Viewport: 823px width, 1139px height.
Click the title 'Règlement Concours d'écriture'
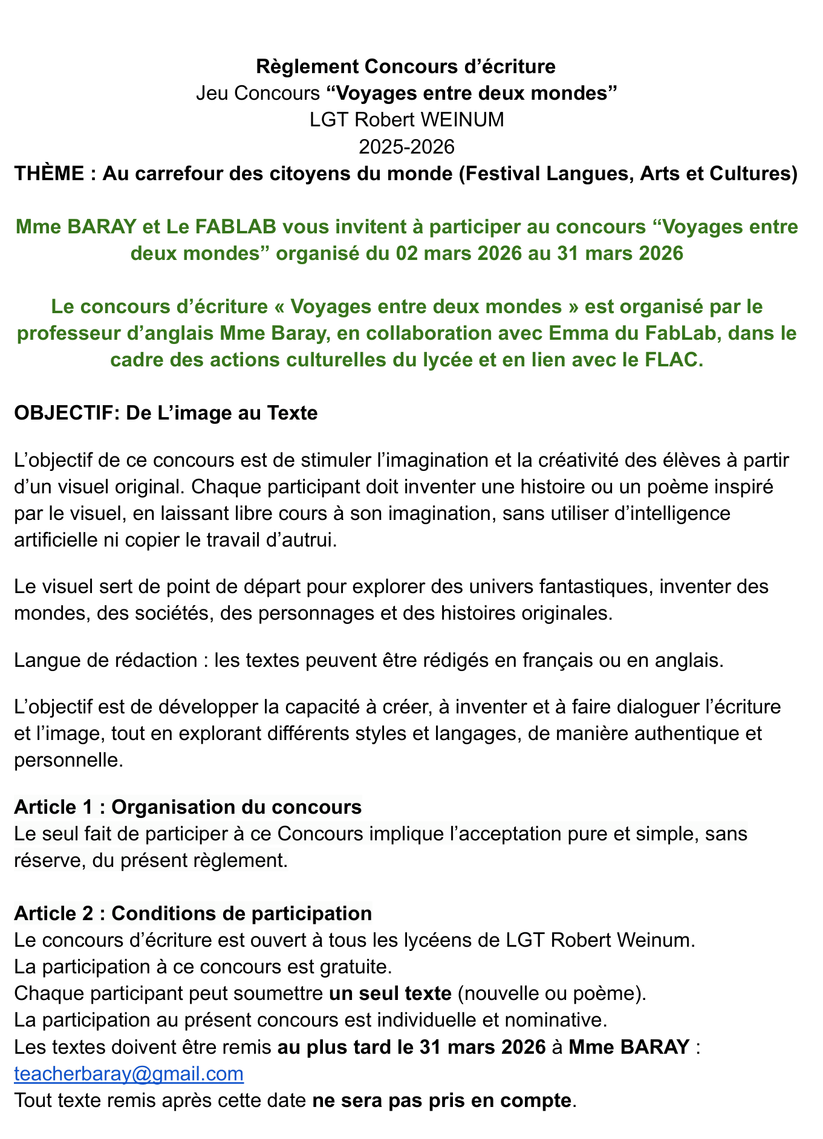(406, 67)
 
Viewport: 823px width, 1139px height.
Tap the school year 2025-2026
(406, 146)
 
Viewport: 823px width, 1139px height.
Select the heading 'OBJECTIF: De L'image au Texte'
(165, 413)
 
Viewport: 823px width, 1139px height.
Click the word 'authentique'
(686, 733)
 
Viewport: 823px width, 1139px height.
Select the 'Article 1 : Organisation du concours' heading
(187, 806)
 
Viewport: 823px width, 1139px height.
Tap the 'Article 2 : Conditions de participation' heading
(192, 913)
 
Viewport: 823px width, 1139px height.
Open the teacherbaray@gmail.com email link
(128, 1074)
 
